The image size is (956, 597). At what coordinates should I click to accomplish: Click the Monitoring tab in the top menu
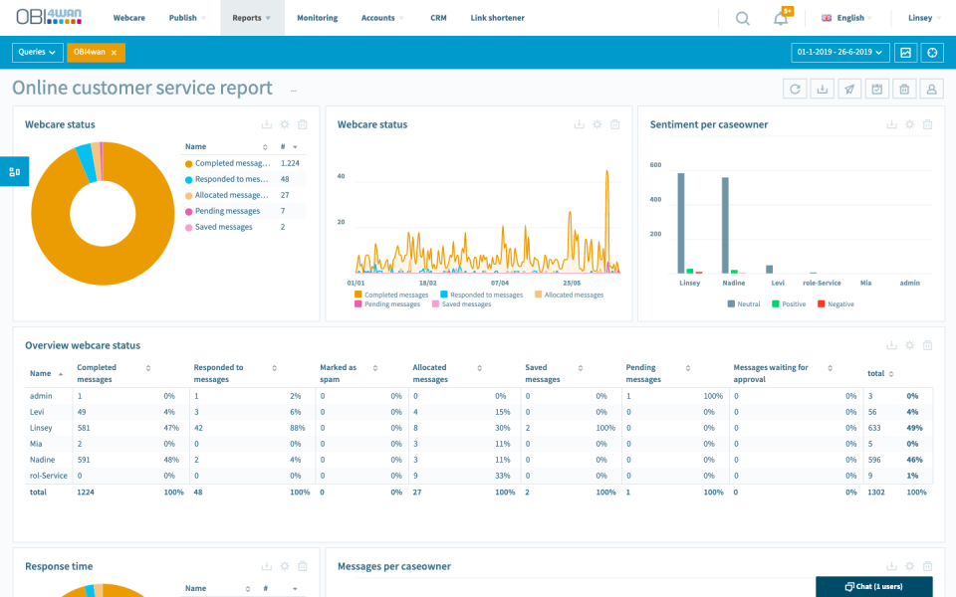pos(317,18)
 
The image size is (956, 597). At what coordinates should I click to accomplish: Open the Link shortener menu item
pos(497,18)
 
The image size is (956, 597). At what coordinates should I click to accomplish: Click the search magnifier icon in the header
pos(743,18)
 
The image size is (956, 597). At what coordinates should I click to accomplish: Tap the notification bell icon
pos(781,18)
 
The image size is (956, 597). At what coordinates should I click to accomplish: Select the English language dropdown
pos(846,18)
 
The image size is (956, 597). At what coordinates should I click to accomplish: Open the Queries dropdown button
pos(38,52)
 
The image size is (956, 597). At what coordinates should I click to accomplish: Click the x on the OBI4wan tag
pos(114,52)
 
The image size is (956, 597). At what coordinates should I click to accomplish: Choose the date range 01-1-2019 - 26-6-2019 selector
pos(839,52)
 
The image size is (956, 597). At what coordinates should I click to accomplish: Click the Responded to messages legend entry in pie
pos(231,179)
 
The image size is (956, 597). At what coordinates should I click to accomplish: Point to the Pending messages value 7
pos(283,211)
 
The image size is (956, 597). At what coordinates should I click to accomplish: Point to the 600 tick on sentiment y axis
pos(654,165)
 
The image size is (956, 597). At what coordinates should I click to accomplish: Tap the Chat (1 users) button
pos(873,586)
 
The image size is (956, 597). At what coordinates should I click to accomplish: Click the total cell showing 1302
pos(877,492)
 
